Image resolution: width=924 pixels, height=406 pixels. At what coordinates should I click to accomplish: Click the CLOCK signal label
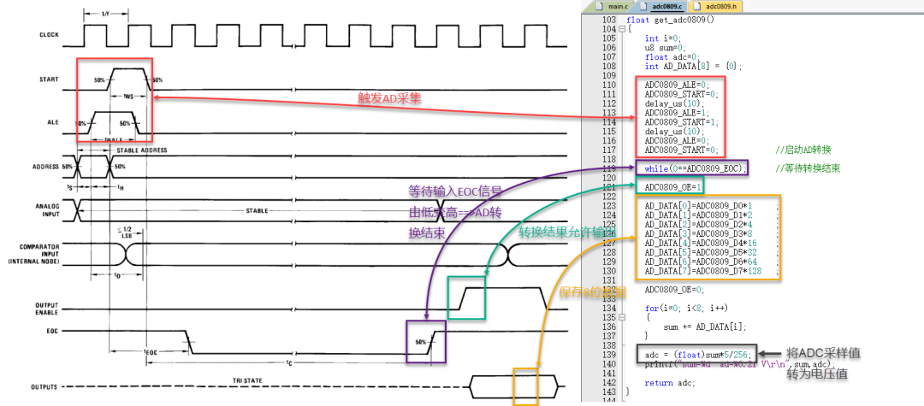[49, 35]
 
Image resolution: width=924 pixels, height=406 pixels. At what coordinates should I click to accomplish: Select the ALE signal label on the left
[53, 122]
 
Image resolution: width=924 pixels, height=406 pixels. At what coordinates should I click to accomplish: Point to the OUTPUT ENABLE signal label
[47, 309]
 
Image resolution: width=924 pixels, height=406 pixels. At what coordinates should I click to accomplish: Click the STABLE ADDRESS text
[143, 150]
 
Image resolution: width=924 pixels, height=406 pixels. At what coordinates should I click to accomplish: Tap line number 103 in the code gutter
[608, 20]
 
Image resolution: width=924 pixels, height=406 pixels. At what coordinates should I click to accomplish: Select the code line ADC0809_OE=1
[673, 186]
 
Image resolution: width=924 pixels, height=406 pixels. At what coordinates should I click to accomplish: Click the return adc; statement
[670, 382]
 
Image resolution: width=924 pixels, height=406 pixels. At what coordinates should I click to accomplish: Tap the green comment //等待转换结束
[808, 168]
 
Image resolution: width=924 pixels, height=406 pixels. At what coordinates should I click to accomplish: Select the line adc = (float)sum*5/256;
[697, 354]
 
